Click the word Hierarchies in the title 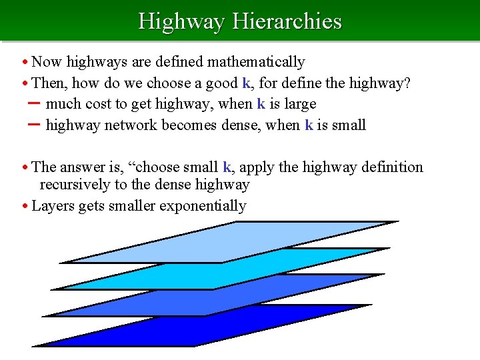coord(287,21)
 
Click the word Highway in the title coord(181,21)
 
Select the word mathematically coord(256,62)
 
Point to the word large coord(299,104)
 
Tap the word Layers coord(53,206)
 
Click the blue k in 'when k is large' coord(261,104)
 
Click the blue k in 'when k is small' coord(309,125)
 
